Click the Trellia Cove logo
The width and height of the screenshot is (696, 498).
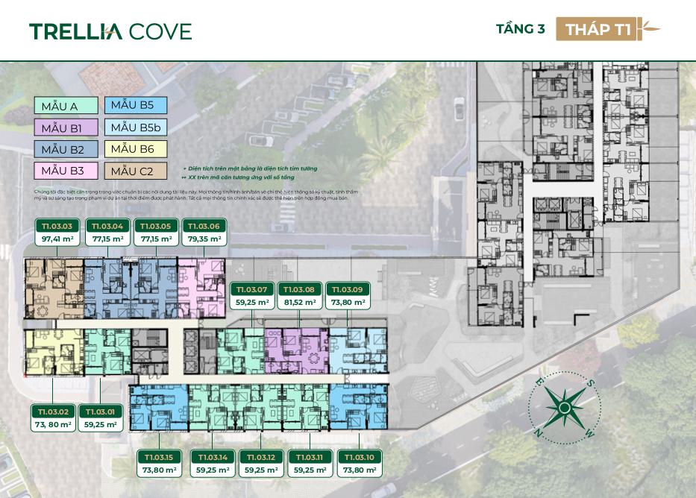110,31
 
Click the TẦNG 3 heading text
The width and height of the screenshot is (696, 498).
520,30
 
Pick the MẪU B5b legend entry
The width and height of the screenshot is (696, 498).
136,127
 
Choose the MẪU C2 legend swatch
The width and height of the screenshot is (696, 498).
136,171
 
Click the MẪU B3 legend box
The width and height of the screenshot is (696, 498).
65,171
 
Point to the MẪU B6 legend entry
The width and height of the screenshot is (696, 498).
136,149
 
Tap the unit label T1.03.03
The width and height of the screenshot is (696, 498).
57,226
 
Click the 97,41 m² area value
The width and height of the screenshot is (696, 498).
57,240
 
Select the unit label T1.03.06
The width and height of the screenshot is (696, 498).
204,226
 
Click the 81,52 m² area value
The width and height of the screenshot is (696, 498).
299,303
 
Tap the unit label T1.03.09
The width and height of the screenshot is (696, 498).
347,289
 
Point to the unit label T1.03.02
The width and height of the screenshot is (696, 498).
51,411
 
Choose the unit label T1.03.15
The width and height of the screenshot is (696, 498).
158,457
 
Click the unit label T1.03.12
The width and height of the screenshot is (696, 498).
261,457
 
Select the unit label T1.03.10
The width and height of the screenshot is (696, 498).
359,457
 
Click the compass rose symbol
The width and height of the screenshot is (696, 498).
565,408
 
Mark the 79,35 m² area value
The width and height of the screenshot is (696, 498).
204,240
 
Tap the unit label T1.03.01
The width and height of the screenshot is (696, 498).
101,411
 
